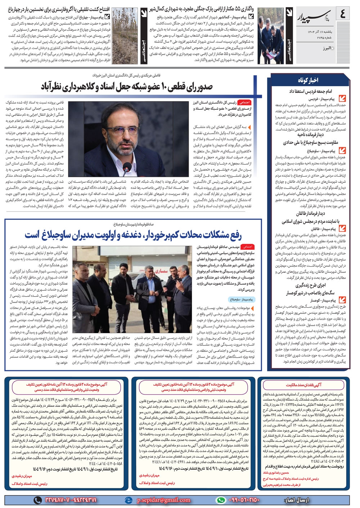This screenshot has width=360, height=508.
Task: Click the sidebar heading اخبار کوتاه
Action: pyautogui.click(x=308, y=80)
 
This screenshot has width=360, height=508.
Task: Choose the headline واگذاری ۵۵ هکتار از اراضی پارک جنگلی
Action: pyautogui.click(x=202, y=9)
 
